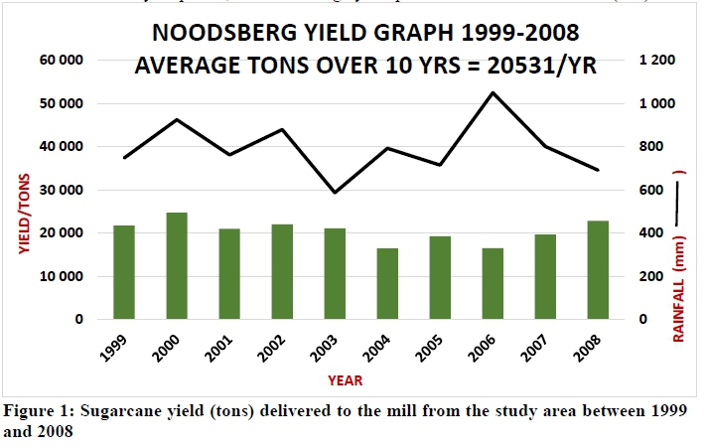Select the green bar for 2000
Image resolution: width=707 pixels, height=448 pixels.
coord(177,265)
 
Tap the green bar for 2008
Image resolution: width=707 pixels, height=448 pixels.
coord(597,269)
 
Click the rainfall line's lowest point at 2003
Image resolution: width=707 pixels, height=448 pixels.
coord(335,193)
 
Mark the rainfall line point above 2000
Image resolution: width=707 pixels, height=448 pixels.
coord(177,120)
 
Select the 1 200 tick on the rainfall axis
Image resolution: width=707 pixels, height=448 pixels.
coord(656,61)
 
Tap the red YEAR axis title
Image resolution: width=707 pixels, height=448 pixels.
coord(347,379)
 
